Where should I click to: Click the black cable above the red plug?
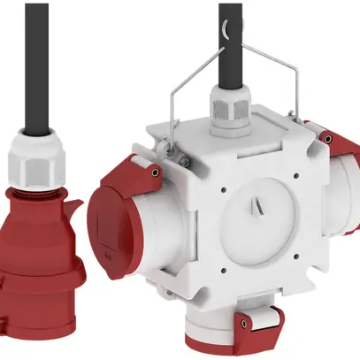pos(36,62)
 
